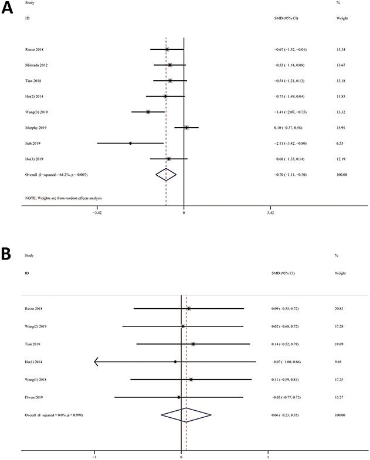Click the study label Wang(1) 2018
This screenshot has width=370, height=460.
click(x=36, y=380)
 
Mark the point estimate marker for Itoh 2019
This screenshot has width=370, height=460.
click(x=130, y=143)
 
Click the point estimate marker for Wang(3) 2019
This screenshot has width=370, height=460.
click(x=148, y=111)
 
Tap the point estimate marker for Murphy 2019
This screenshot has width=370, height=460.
click(x=186, y=127)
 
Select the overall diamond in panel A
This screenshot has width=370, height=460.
click(x=166, y=175)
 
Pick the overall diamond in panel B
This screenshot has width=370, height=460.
click(x=186, y=415)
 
